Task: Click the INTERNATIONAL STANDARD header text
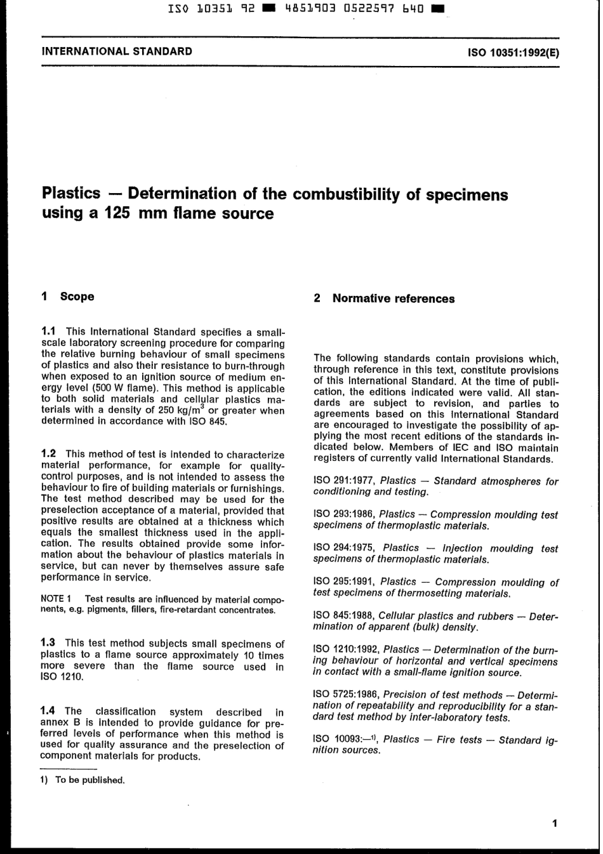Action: click(117, 51)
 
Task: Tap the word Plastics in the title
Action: click(71, 193)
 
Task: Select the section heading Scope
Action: click(77, 297)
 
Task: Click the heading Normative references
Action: click(393, 299)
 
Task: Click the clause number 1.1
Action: click(50, 331)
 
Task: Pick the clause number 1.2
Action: click(50, 453)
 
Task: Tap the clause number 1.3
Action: click(50, 643)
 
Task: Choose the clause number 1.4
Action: click(50, 711)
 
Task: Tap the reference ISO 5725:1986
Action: click(346, 695)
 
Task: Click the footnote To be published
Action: click(89, 780)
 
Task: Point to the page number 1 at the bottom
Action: click(554, 824)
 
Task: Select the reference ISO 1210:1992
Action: click(346, 650)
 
